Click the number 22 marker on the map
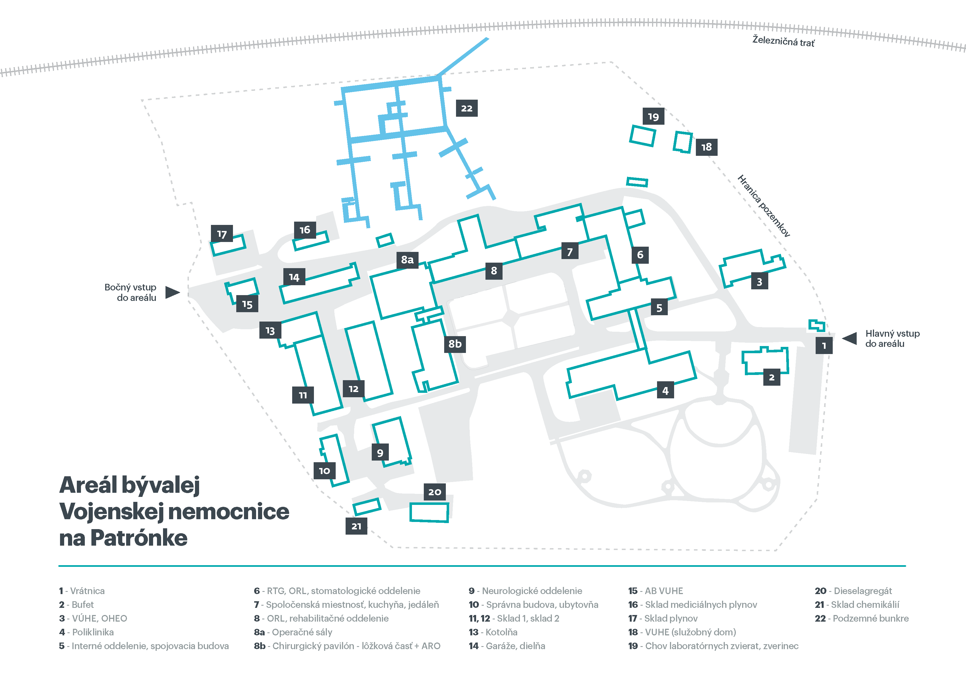click(x=466, y=108)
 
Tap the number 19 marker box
click(x=653, y=116)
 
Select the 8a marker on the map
click(x=407, y=260)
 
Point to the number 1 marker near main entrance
click(x=824, y=346)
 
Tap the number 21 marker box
click(x=356, y=526)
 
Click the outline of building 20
click(x=429, y=512)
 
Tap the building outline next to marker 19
click(x=642, y=136)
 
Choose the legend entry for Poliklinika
click(x=87, y=632)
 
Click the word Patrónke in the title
click(x=139, y=538)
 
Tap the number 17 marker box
click(x=222, y=234)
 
